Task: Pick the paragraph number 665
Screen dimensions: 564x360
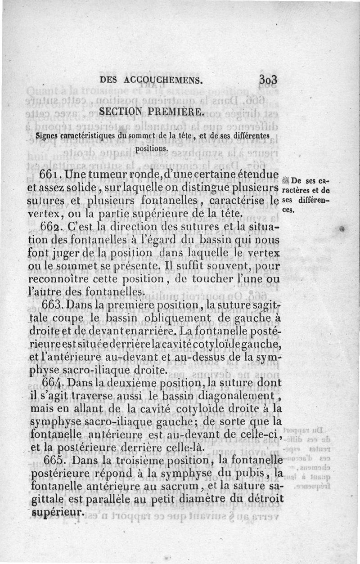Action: (58, 461)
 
